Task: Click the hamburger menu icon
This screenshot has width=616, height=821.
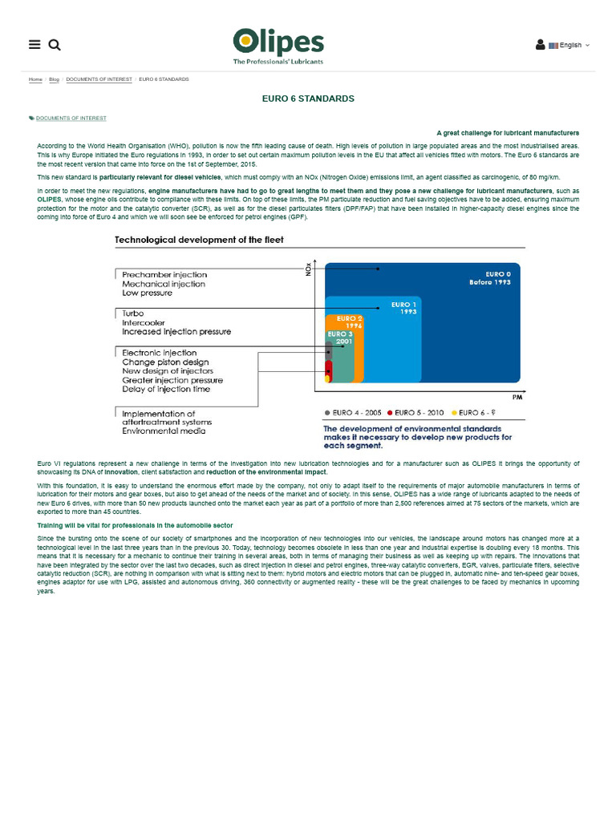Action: point(34,45)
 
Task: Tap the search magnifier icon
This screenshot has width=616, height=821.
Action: point(55,45)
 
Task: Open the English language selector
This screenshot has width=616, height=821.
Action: point(569,46)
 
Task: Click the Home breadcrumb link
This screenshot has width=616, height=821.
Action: point(35,79)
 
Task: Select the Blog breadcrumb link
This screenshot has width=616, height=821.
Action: point(55,79)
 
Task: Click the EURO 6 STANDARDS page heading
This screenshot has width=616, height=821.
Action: point(308,99)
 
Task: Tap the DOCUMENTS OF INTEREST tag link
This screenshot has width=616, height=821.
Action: point(71,118)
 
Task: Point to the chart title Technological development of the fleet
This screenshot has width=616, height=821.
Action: point(199,239)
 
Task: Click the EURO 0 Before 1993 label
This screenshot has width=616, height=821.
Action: point(489,277)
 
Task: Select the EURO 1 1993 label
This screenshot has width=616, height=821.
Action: point(404,307)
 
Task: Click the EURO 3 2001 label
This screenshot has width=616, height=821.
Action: point(340,337)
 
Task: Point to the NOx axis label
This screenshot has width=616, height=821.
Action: point(308,269)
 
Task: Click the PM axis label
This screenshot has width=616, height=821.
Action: point(517,397)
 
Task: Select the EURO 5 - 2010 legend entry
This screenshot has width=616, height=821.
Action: point(415,412)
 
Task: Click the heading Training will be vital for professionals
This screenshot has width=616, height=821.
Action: point(135,525)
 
